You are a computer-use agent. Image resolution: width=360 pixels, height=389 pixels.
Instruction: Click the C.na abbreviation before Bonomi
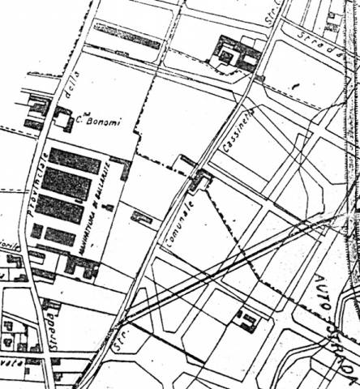click(81, 124)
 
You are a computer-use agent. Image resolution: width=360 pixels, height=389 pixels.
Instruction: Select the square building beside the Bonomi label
click(62, 122)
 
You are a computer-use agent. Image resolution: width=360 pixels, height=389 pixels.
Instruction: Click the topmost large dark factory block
click(75, 160)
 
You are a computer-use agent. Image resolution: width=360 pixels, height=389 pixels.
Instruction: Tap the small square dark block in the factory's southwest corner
click(36, 231)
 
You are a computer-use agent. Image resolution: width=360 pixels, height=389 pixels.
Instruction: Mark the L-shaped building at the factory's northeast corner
click(123, 168)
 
